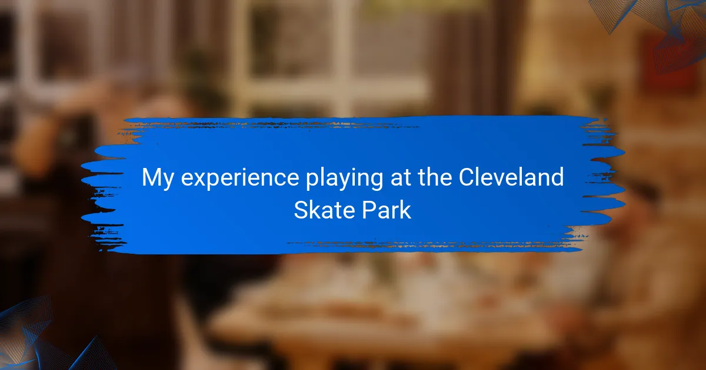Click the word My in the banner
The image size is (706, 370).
coord(158,179)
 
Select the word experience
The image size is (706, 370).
coord(240,179)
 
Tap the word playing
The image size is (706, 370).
coord(345,179)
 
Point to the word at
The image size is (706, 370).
coord(401,178)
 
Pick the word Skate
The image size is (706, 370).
coord(324,210)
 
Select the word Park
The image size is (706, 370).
coord(386,210)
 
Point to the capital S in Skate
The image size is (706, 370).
coord(302,210)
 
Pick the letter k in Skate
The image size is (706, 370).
coord(319,209)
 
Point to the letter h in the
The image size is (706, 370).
coord(434,177)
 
